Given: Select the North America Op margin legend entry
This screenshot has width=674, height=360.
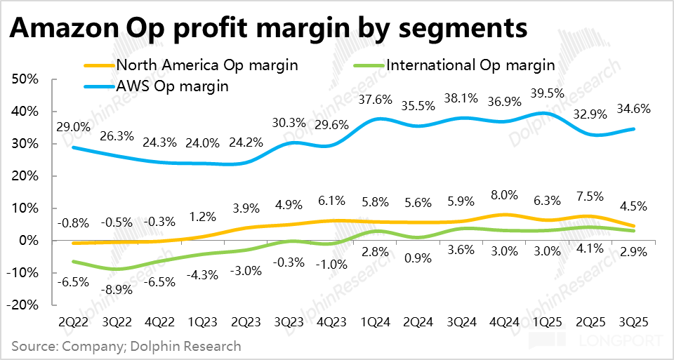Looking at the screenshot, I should click(207, 65).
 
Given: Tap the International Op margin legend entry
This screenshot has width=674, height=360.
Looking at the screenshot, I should click(471, 65).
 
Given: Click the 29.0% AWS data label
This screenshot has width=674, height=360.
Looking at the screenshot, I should click(74, 128).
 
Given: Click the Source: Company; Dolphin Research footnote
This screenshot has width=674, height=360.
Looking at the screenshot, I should click(126, 346).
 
